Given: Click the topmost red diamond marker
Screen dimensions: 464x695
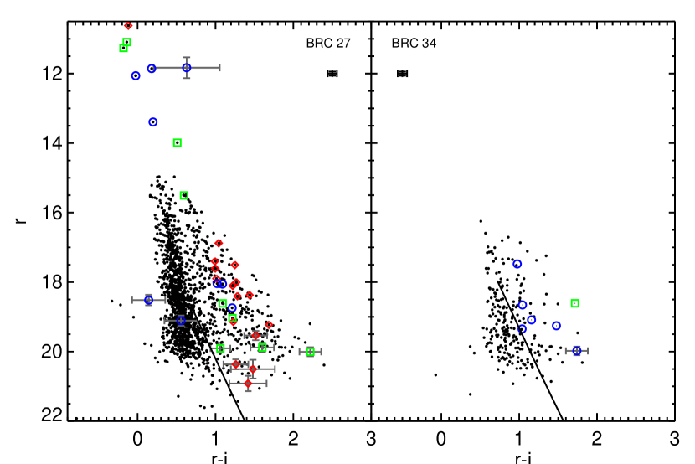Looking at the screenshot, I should (x=128, y=26).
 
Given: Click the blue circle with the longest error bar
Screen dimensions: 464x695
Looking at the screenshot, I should (x=187, y=68).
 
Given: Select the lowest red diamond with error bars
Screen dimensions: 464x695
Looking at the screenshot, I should (x=248, y=384).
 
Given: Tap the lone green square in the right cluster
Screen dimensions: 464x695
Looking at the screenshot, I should (x=574, y=303).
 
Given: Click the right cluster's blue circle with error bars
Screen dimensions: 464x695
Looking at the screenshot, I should (x=576, y=351).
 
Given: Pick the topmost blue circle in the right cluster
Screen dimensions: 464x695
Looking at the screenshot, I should (x=517, y=264).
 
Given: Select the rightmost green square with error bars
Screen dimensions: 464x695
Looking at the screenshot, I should (x=310, y=352).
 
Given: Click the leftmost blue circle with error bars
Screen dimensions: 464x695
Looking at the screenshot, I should (x=148, y=300).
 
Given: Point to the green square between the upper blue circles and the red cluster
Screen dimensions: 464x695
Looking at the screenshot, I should (x=183, y=195).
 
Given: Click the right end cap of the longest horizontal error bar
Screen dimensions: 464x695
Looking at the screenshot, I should (x=219, y=68).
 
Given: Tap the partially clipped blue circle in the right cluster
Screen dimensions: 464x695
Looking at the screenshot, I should (x=522, y=329).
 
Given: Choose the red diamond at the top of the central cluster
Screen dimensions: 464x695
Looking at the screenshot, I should (x=219, y=243).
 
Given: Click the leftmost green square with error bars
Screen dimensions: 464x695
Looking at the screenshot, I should (x=220, y=348).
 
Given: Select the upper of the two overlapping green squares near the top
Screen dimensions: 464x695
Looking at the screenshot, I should (x=126, y=42).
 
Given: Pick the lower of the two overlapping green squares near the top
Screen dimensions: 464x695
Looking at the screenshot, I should (x=123, y=49).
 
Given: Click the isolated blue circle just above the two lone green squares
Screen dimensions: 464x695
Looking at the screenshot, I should (x=153, y=122).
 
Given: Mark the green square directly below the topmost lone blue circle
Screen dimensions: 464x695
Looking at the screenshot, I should (x=177, y=143).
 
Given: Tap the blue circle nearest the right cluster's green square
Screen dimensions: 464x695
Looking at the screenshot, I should (x=556, y=326).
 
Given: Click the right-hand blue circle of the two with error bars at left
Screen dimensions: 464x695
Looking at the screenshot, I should (x=181, y=321).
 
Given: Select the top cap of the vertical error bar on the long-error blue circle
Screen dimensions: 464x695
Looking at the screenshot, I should (x=187, y=58).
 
